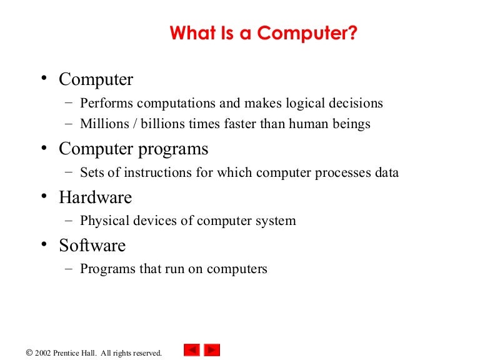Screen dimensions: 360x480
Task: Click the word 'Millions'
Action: [x=102, y=124]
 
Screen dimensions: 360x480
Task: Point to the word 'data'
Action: [x=386, y=172]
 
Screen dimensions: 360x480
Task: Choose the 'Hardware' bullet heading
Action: [x=95, y=197]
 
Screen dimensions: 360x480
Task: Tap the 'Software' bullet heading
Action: [x=92, y=246]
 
